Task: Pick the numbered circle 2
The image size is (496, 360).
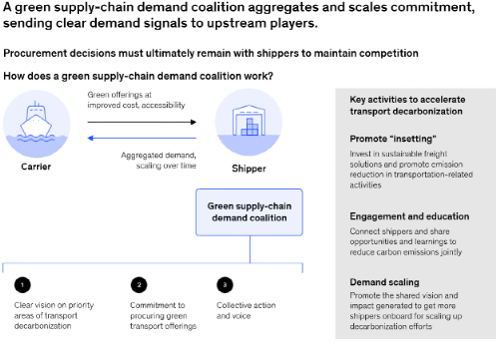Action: point(138,282)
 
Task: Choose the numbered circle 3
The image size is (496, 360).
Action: point(224,282)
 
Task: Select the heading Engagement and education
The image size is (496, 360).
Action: point(410,215)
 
